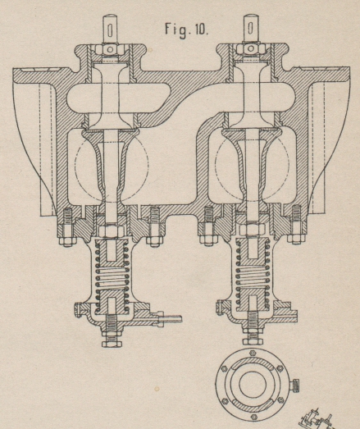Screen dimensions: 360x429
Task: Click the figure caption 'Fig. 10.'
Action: (x=187, y=29)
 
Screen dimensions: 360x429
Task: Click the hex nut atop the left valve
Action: (x=110, y=49)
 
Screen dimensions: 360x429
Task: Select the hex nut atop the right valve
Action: (x=250, y=48)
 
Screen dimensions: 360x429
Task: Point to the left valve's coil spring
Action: (x=112, y=277)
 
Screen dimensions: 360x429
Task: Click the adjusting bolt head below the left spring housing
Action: (x=112, y=344)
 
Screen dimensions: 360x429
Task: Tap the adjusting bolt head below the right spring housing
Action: (x=253, y=341)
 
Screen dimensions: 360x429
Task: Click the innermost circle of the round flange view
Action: (x=253, y=384)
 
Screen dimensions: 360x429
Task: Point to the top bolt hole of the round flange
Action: (x=253, y=353)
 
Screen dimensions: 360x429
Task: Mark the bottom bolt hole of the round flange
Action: (x=253, y=417)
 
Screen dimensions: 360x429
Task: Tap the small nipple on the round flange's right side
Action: (x=294, y=386)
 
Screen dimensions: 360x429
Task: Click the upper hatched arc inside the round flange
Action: (x=253, y=362)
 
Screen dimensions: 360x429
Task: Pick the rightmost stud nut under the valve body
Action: (x=295, y=240)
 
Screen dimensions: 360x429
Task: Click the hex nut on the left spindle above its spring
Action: (x=110, y=231)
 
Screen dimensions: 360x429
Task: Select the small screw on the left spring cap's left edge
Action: (x=78, y=310)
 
